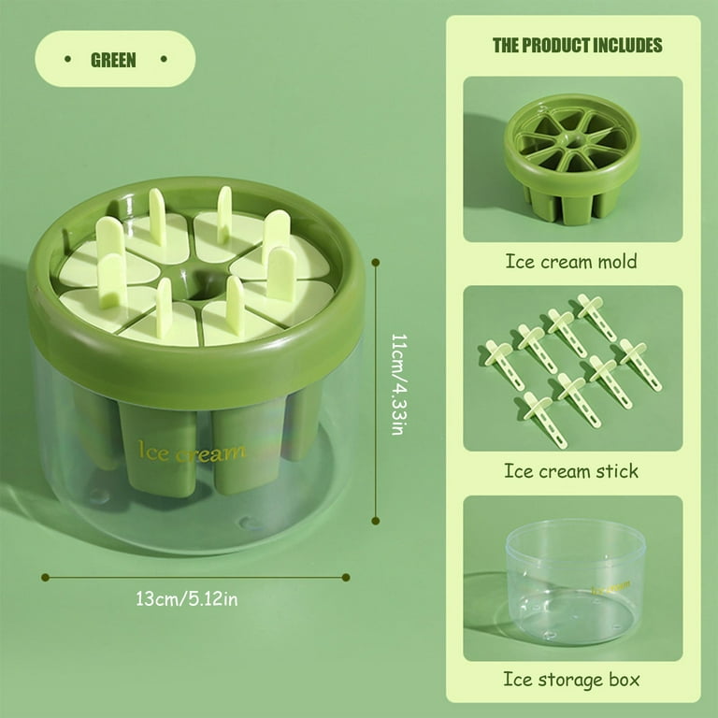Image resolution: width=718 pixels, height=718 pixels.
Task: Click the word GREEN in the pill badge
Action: [113, 60]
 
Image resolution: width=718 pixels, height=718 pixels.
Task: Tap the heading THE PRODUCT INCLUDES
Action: [578, 45]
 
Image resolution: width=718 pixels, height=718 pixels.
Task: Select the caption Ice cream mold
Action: [571, 262]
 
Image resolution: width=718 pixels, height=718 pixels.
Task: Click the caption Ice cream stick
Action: [571, 471]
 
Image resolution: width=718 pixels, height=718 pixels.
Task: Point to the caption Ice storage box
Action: [571, 679]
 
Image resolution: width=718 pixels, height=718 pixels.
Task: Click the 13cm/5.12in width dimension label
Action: [187, 599]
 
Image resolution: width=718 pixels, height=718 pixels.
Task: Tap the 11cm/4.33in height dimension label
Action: [398, 384]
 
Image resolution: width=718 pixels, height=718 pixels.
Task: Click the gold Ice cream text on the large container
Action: [192, 452]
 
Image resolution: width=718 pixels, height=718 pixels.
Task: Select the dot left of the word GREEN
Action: [67, 59]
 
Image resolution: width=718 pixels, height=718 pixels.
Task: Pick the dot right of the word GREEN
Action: [164, 59]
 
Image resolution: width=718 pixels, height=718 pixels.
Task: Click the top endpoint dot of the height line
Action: [376, 263]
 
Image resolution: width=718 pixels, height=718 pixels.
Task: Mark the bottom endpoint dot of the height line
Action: [376, 521]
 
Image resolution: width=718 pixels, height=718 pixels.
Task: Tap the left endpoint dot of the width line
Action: [45, 578]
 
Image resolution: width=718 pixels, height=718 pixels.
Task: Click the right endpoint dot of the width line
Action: [346, 578]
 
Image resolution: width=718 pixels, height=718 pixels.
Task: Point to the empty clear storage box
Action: [576, 582]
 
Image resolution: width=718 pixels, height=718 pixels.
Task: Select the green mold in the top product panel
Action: [572, 158]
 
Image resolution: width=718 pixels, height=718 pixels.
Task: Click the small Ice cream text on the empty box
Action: [610, 587]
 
